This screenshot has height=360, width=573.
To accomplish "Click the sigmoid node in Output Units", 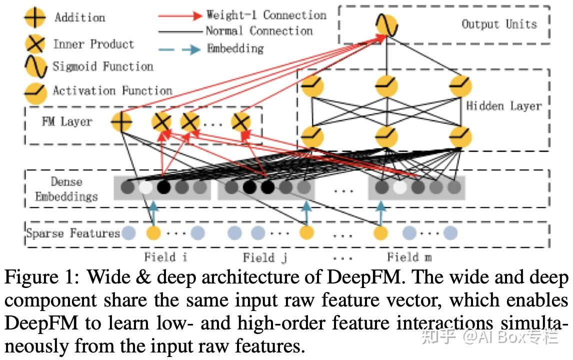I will [386, 24].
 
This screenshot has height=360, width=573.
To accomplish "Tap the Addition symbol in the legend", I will [34, 18].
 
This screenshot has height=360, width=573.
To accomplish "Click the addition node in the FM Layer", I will [121, 121].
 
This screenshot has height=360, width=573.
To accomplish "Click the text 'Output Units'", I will [498, 24].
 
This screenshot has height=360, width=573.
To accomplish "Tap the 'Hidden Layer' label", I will [503, 106].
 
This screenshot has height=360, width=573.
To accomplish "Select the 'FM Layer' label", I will [67, 121].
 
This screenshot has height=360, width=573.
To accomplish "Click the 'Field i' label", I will [165, 257].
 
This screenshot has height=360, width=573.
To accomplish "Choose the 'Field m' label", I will [409, 257].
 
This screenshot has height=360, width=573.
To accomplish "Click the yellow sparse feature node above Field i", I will [153, 233].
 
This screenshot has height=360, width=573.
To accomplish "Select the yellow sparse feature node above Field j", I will [306, 233].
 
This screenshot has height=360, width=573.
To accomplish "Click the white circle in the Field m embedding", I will [399, 187].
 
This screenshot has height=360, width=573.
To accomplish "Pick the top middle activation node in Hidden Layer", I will [386, 86].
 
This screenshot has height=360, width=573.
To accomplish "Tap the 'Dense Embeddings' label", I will [66, 189].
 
